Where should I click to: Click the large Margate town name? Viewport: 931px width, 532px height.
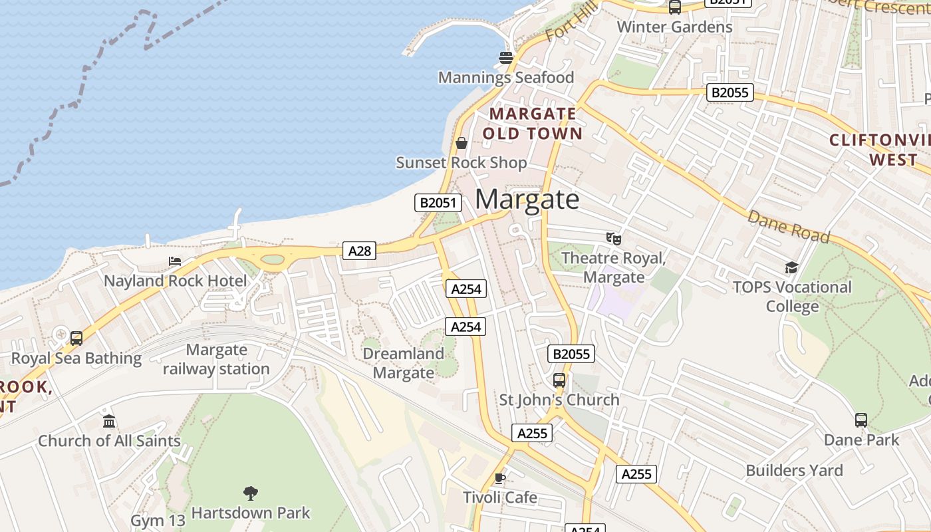click(527, 199)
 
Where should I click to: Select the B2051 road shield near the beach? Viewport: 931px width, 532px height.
click(438, 203)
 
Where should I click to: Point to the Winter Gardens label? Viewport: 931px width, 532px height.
click(674, 27)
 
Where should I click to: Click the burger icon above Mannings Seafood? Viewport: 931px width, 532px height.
click(506, 57)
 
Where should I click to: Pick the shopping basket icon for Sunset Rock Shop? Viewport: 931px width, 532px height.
click(462, 143)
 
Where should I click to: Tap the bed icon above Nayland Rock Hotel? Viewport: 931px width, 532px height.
click(175, 261)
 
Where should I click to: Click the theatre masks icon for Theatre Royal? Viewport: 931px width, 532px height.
click(613, 238)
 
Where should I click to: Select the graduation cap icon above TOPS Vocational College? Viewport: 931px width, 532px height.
click(791, 267)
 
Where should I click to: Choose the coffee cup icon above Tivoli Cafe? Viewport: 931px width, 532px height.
click(500, 478)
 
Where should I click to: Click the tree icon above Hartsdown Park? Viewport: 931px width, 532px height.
click(251, 493)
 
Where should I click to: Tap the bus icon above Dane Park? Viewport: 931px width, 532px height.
click(861, 420)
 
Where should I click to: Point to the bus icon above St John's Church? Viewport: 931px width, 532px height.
click(559, 380)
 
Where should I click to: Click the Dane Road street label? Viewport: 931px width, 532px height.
click(789, 227)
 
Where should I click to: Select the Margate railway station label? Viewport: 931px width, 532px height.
click(216, 359)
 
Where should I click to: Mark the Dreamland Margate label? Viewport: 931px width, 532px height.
click(403, 363)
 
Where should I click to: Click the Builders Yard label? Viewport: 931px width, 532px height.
click(794, 471)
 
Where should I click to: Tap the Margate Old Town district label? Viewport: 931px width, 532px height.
click(532, 124)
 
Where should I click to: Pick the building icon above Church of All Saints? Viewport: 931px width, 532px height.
click(109, 421)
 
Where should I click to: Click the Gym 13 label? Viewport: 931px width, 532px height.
click(158, 521)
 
